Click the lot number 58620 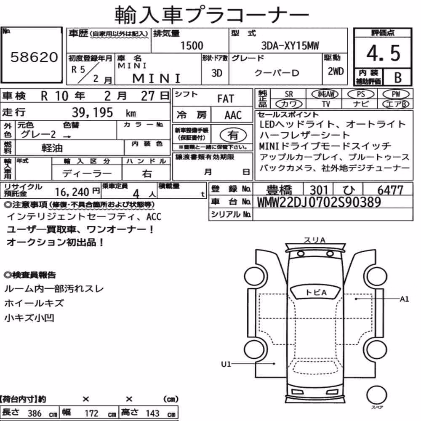click(34, 57)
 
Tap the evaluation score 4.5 click(383, 53)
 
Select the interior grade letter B click(398, 77)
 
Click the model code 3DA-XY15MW click(290, 45)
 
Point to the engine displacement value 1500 click(192, 45)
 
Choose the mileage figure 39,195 click(92, 112)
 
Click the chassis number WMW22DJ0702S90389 click(319, 202)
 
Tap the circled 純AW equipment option click(325, 94)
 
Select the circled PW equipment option click(396, 94)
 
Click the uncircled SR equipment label click(289, 94)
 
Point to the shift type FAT click(226, 99)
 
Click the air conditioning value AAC click(233, 115)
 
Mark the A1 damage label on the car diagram click(404, 299)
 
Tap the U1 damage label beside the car click(226, 364)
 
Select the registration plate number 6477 click(390, 190)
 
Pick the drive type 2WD click(336, 72)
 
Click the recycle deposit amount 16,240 click(72, 192)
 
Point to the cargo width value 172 click(91, 413)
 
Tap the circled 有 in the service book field click(233, 135)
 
